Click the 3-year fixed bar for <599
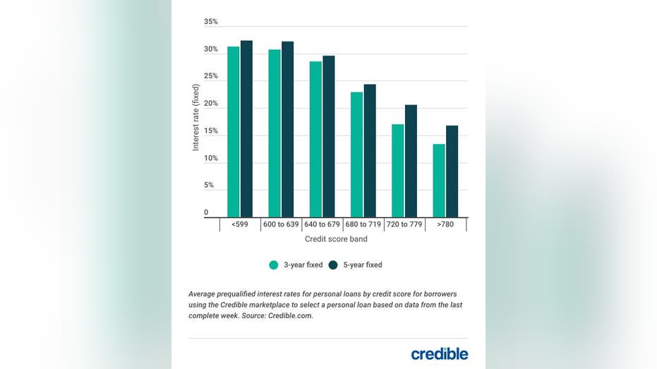pos(233,132)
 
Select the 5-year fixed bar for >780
pos(452,171)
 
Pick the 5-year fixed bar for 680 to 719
pos(370,151)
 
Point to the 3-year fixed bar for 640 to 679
pos(315,139)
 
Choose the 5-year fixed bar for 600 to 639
pos(287,129)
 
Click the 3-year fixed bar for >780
pos(439,181)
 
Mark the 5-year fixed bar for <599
pos(246,128)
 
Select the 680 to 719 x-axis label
pos(363,224)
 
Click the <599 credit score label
pos(239,224)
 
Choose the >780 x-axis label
pos(445,224)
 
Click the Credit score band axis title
pos(335,239)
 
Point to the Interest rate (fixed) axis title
pos(196,117)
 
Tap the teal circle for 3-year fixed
pos(274,265)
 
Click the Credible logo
pos(440,353)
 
